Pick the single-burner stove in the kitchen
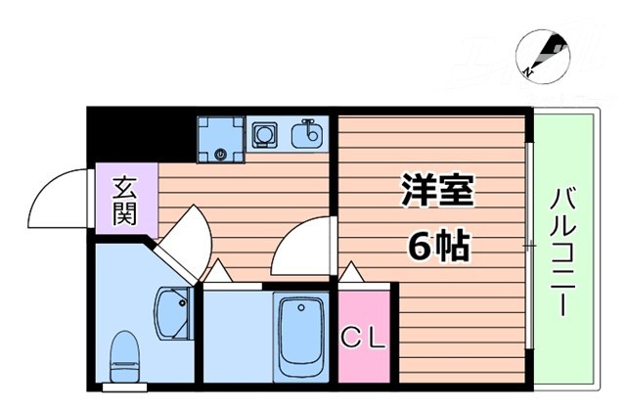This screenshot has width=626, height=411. click(x=264, y=134)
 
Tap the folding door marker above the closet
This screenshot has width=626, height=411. click(x=352, y=273)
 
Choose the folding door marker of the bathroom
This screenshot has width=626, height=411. click(x=216, y=274)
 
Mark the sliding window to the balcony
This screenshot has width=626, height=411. click(x=528, y=245)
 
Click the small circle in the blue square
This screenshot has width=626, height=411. click(x=221, y=154)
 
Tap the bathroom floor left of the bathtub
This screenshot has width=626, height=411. click(x=235, y=338)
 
